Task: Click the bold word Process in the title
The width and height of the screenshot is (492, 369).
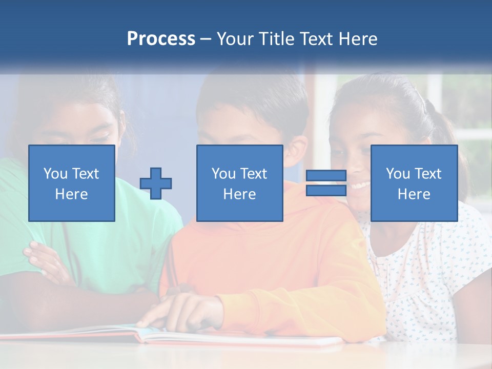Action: [x=161, y=39]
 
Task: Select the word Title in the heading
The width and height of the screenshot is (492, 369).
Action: [x=277, y=39]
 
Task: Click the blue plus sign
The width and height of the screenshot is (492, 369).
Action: [x=156, y=183]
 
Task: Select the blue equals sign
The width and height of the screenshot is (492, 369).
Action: [x=326, y=183]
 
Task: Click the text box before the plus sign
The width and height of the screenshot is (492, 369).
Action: [x=72, y=183]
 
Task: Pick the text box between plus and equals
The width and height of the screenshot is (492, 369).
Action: [x=240, y=183]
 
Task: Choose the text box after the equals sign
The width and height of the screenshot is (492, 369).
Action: [x=414, y=183]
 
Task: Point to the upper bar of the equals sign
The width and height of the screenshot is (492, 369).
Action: [x=326, y=176]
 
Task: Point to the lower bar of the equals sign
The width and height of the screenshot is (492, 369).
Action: [x=326, y=190]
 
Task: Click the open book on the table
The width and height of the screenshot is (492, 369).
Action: [x=205, y=336]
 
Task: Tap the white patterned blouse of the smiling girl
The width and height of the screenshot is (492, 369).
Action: [x=436, y=266]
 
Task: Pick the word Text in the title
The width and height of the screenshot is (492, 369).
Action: [x=315, y=39]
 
